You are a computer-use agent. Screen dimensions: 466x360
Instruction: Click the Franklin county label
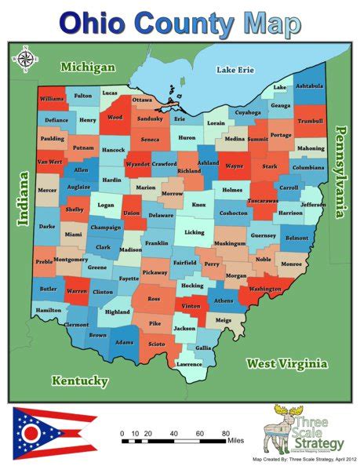(x=156, y=243)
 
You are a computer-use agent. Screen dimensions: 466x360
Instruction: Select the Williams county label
(x=53, y=100)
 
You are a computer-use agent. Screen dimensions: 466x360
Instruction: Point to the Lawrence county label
(x=189, y=364)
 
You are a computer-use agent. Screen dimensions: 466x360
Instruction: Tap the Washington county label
(x=264, y=289)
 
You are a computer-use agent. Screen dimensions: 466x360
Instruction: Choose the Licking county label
(x=194, y=232)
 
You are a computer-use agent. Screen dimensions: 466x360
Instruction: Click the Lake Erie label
(x=236, y=71)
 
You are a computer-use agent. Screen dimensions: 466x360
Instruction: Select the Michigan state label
(x=88, y=67)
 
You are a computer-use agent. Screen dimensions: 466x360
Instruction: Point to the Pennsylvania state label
(x=341, y=173)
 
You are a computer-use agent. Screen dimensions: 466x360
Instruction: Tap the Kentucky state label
(x=79, y=380)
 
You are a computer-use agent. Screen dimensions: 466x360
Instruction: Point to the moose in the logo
(x=285, y=420)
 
